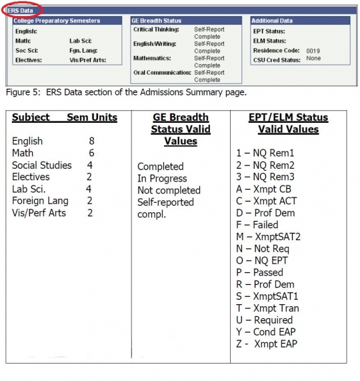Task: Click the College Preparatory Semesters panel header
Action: (x=57, y=21)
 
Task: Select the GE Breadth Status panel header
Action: (x=157, y=21)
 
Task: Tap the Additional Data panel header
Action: (x=273, y=21)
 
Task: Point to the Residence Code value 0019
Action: (x=313, y=50)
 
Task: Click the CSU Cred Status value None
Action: (x=313, y=59)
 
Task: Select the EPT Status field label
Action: (x=269, y=31)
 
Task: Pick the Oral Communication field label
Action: (x=161, y=72)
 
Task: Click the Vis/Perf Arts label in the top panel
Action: (x=88, y=59)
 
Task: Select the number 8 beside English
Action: (x=92, y=141)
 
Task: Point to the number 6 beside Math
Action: (x=92, y=153)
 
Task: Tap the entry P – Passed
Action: (x=259, y=272)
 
